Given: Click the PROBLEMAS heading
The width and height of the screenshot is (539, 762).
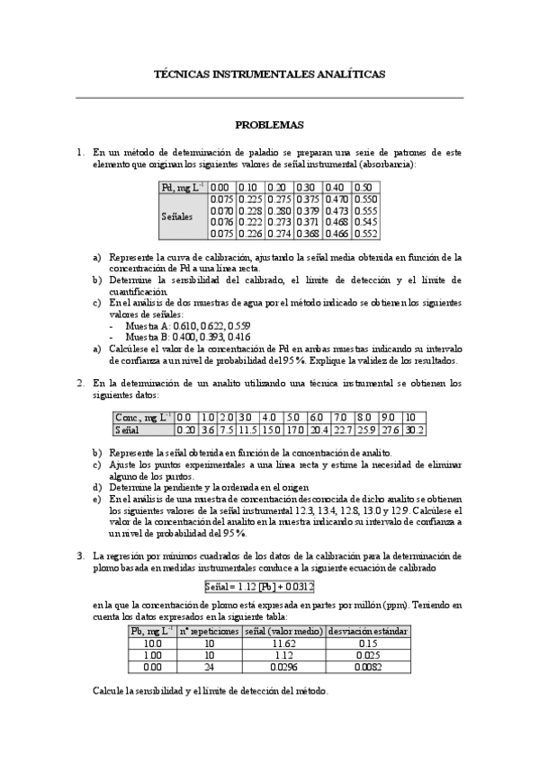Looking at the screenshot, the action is [x=269, y=125].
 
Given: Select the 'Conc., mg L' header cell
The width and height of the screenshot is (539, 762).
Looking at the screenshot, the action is [x=143, y=417].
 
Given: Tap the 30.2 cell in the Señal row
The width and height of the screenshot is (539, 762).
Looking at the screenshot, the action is [x=414, y=430].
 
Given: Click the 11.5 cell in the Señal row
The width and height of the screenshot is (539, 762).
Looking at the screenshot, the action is [x=248, y=430].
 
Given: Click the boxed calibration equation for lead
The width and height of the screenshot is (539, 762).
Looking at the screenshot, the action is [x=259, y=587].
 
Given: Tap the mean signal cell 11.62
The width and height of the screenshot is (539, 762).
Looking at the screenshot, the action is [x=283, y=643].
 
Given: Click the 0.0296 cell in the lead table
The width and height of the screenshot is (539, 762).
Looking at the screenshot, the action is [x=283, y=667].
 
